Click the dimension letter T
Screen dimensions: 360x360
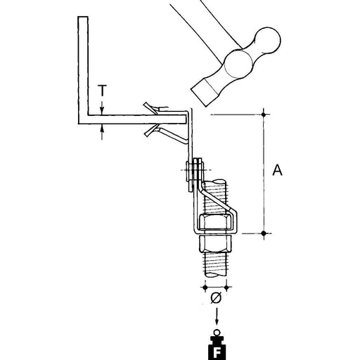point(102,91)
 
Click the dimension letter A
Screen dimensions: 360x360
point(278,170)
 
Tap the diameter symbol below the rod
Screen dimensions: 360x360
point(216,297)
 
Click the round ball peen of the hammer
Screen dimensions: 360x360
point(267,40)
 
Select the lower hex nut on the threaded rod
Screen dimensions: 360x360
point(216,243)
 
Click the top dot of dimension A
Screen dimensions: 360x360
point(264,115)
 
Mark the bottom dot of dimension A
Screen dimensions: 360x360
point(264,233)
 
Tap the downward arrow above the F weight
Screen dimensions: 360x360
point(217,316)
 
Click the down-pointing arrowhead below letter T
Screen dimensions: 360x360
point(102,110)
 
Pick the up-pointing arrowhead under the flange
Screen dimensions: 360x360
point(102,128)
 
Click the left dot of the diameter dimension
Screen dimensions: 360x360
point(205,287)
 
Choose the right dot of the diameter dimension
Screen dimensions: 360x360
point(226,287)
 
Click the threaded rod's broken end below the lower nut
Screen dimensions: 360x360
point(216,274)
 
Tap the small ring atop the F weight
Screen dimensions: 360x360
point(217,333)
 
